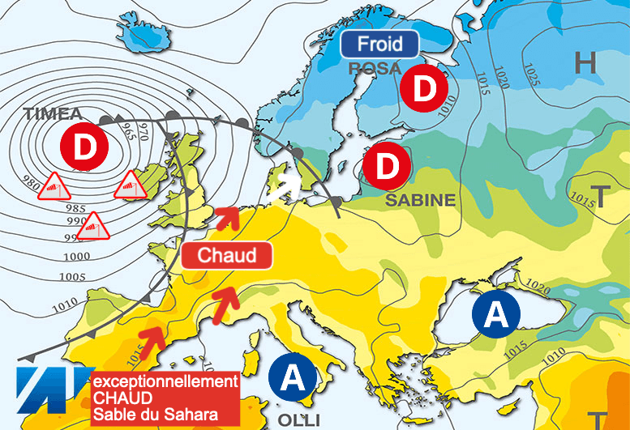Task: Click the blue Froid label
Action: [x=379, y=44]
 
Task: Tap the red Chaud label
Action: [x=227, y=256]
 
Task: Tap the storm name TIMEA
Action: [x=54, y=113]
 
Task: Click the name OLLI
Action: [x=294, y=419]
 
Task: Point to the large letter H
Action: [x=584, y=62]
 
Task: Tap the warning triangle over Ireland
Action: [x=128, y=185]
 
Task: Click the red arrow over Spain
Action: [x=150, y=338]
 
